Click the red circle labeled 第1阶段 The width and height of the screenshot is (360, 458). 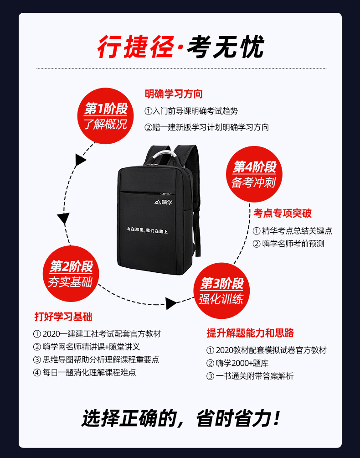pos(105,116)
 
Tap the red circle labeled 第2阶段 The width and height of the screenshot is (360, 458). pos(71,274)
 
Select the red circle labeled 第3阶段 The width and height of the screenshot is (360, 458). pos(222,291)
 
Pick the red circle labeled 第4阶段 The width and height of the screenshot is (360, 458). pos(254,174)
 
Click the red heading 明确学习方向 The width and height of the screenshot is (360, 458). pos(174,94)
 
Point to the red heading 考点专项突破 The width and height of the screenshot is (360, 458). pos(283,213)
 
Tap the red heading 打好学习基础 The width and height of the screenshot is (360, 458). pos(63,317)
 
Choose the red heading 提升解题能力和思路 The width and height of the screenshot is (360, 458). pos(250,333)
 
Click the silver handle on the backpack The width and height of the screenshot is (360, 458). pos(165,155)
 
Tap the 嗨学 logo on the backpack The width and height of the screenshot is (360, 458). pos(164,202)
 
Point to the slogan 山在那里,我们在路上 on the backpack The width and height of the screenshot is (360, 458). pos(147,230)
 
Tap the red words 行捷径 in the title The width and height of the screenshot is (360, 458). pos(136,47)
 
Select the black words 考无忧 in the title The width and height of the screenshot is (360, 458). pos(226,47)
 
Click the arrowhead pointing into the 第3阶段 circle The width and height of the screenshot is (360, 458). pos(171,303)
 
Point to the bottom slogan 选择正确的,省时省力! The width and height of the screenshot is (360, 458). pos(180,418)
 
